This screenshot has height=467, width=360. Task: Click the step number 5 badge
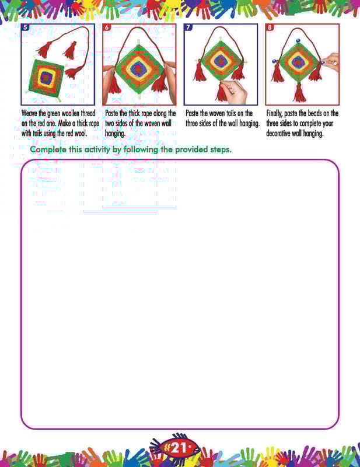pyautogui.click(x=25, y=27)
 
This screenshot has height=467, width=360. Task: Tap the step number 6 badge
pyautogui.click(x=107, y=27)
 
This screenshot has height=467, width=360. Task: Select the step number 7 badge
pyautogui.click(x=188, y=27)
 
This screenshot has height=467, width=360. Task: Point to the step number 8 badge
pyautogui.click(x=270, y=27)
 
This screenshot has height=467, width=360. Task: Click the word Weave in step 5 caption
pyautogui.click(x=30, y=113)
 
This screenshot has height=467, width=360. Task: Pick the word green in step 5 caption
pyautogui.click(x=54, y=114)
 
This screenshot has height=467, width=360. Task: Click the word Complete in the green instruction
pyautogui.click(x=48, y=149)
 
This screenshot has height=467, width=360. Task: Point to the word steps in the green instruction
pyautogui.click(x=221, y=150)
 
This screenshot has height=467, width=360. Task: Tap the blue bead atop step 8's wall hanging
pyautogui.click(x=298, y=40)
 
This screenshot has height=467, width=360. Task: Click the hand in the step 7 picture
pyautogui.click(x=235, y=90)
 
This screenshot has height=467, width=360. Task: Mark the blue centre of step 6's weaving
pyautogui.click(x=138, y=68)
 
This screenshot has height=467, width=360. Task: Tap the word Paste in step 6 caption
pyautogui.click(x=112, y=113)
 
